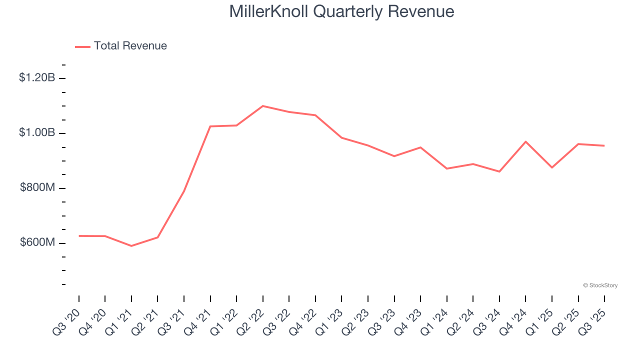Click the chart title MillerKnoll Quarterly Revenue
point(341,11)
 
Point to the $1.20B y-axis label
point(37,77)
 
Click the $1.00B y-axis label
point(37,132)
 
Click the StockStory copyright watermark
point(600,285)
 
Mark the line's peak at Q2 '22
point(263,106)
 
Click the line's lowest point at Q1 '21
point(131,246)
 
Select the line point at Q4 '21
point(210,126)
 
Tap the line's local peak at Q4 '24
point(526,141)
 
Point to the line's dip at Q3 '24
point(499,171)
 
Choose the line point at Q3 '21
point(184,191)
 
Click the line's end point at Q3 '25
point(604,145)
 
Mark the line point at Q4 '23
point(420,147)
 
